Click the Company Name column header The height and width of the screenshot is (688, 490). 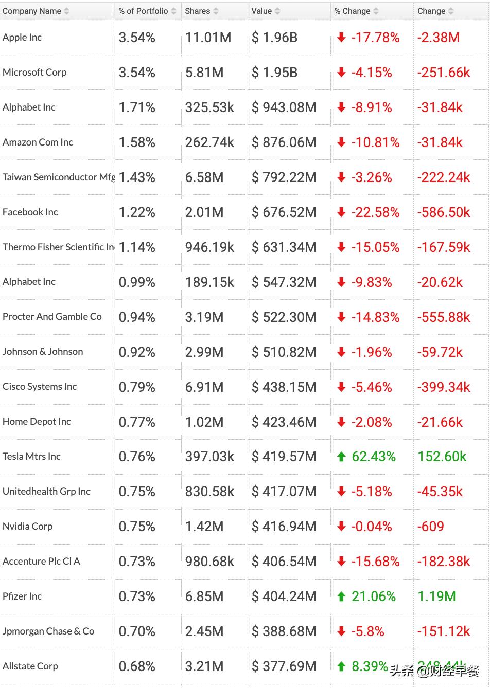32,11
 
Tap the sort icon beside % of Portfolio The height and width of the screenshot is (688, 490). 173,11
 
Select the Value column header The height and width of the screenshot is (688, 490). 261,11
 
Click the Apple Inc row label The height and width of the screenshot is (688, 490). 22,37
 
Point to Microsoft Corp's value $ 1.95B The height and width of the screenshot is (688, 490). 274,73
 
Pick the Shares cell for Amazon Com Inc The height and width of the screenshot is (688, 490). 209,142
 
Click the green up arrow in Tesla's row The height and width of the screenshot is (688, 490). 341,456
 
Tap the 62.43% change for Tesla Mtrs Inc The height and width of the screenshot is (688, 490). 374,457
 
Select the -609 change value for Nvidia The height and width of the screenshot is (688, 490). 430,527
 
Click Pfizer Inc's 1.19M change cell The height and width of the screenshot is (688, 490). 436,596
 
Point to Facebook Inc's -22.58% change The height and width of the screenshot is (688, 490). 375,212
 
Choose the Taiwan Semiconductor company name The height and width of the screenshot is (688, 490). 58,177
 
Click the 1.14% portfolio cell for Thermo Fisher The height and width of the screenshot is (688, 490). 137,247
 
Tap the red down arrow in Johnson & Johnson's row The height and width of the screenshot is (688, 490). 341,352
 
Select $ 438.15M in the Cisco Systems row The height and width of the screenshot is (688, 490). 284,387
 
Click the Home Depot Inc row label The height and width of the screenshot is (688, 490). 37,422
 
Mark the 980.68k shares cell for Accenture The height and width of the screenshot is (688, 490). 209,562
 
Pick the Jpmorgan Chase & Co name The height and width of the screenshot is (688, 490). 48,631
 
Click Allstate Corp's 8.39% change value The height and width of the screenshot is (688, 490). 370,666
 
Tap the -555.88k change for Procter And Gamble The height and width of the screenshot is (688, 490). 444,317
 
